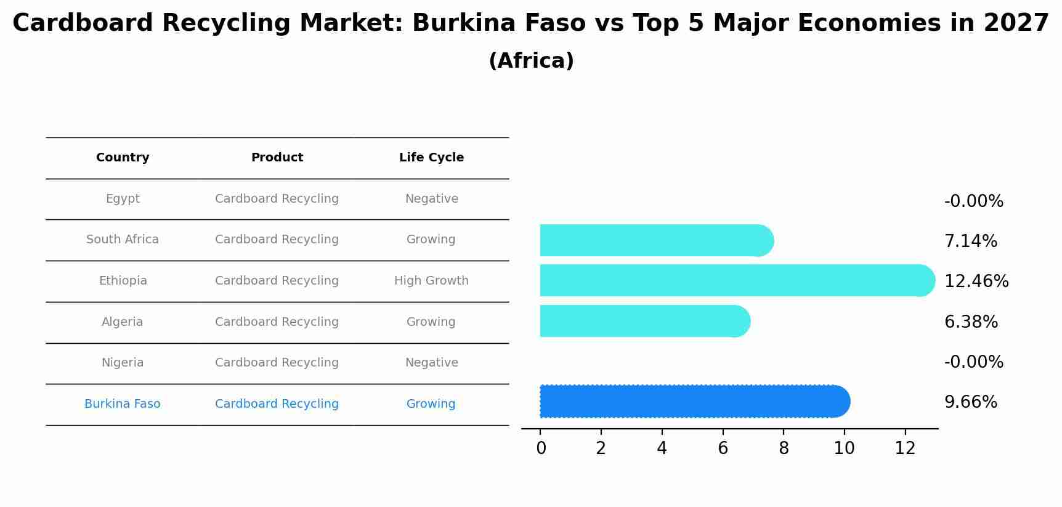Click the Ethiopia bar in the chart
(736, 280)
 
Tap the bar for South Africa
(656, 240)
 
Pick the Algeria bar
(644, 321)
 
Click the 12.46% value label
(976, 282)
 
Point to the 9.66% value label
(970, 402)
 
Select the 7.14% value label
(970, 241)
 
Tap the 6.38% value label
(971, 322)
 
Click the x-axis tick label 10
(844, 448)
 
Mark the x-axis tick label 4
(662, 448)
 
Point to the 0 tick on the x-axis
(541, 448)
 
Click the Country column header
(123, 158)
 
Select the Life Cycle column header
(431, 158)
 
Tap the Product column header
(277, 158)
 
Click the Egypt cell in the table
(123, 199)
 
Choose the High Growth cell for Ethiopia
(431, 281)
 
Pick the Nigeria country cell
(123, 363)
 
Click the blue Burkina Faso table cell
(123, 404)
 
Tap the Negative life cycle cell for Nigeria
(431, 363)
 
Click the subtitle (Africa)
(531, 61)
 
